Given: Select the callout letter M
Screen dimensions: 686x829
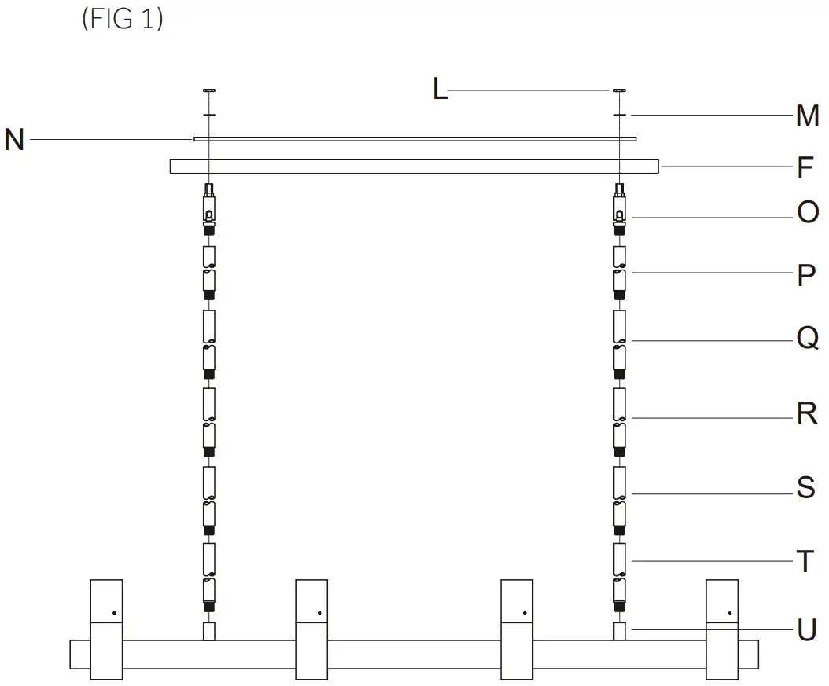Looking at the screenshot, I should pos(808,116).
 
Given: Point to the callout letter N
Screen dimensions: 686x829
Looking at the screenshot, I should pos(14,140).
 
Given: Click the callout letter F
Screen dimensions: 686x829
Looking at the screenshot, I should pos(805,167).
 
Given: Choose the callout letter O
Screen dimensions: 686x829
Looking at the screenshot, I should pos(808,212).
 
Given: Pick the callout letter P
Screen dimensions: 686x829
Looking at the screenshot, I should pos(806,276).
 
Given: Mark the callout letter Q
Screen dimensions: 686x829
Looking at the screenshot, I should pos(808,339).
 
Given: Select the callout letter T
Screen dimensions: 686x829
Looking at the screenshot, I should pos(805,562).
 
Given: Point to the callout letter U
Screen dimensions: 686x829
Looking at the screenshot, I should pos(807,630).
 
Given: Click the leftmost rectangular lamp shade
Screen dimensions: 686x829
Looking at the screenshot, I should pos(106,629).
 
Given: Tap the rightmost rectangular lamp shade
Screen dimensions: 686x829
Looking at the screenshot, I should pos(721,629).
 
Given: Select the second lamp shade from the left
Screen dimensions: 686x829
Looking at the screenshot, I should pos(311,629).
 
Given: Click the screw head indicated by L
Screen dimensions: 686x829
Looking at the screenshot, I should pos(620,91).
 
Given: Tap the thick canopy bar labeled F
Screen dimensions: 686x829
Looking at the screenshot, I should pos(414,167).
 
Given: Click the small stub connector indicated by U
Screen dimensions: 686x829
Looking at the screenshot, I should pos(620,631).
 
